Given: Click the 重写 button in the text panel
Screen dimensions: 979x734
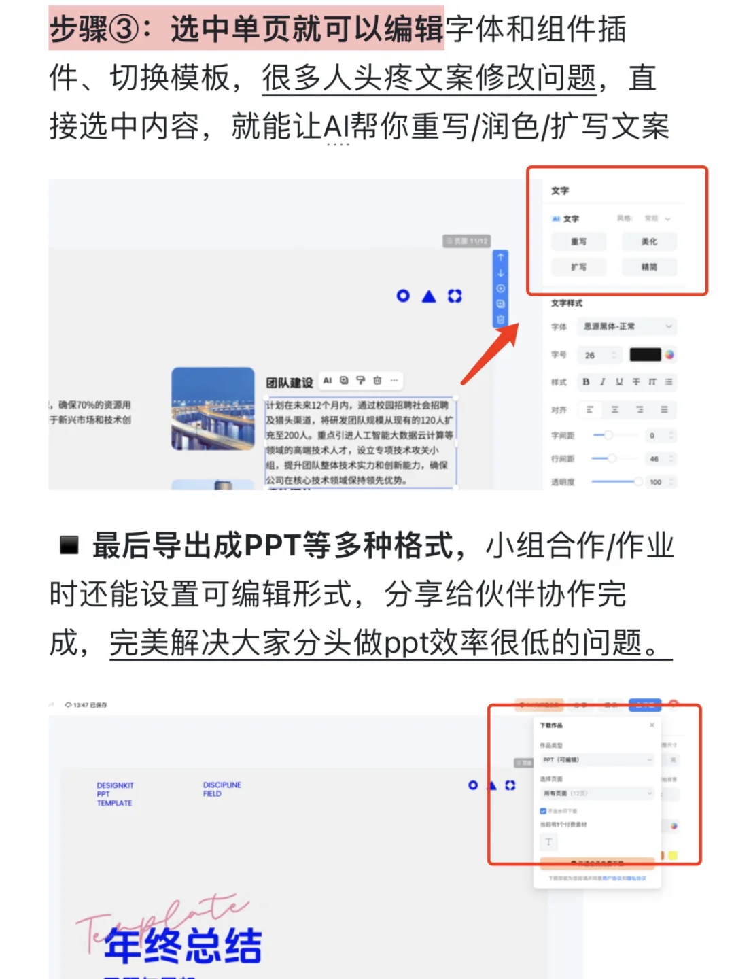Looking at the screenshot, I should [578, 241].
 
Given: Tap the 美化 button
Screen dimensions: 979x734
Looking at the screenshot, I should [649, 241].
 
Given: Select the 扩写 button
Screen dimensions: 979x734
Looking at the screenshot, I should [578, 267].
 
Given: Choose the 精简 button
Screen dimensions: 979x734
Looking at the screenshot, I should [649, 267].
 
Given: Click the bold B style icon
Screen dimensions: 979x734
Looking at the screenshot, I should [586, 382].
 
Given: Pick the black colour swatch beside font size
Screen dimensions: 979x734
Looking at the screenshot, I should [645, 354].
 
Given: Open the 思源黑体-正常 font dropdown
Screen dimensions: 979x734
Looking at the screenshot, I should [627, 327].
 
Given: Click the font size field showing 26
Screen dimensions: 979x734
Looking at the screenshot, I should [598, 355].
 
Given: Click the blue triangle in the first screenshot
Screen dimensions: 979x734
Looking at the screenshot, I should [429, 296].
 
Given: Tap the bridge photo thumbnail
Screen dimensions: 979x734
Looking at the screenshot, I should [213, 409].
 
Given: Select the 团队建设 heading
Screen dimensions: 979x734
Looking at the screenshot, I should [290, 383].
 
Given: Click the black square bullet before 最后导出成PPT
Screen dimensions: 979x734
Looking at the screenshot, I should [69, 545].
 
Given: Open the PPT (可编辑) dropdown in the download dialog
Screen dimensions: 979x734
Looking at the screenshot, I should [597, 759].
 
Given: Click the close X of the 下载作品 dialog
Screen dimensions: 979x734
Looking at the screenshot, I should [652, 725].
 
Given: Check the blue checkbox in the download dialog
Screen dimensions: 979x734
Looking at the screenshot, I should [543, 811].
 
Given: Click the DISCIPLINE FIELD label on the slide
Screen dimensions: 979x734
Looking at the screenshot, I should [222, 789].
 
